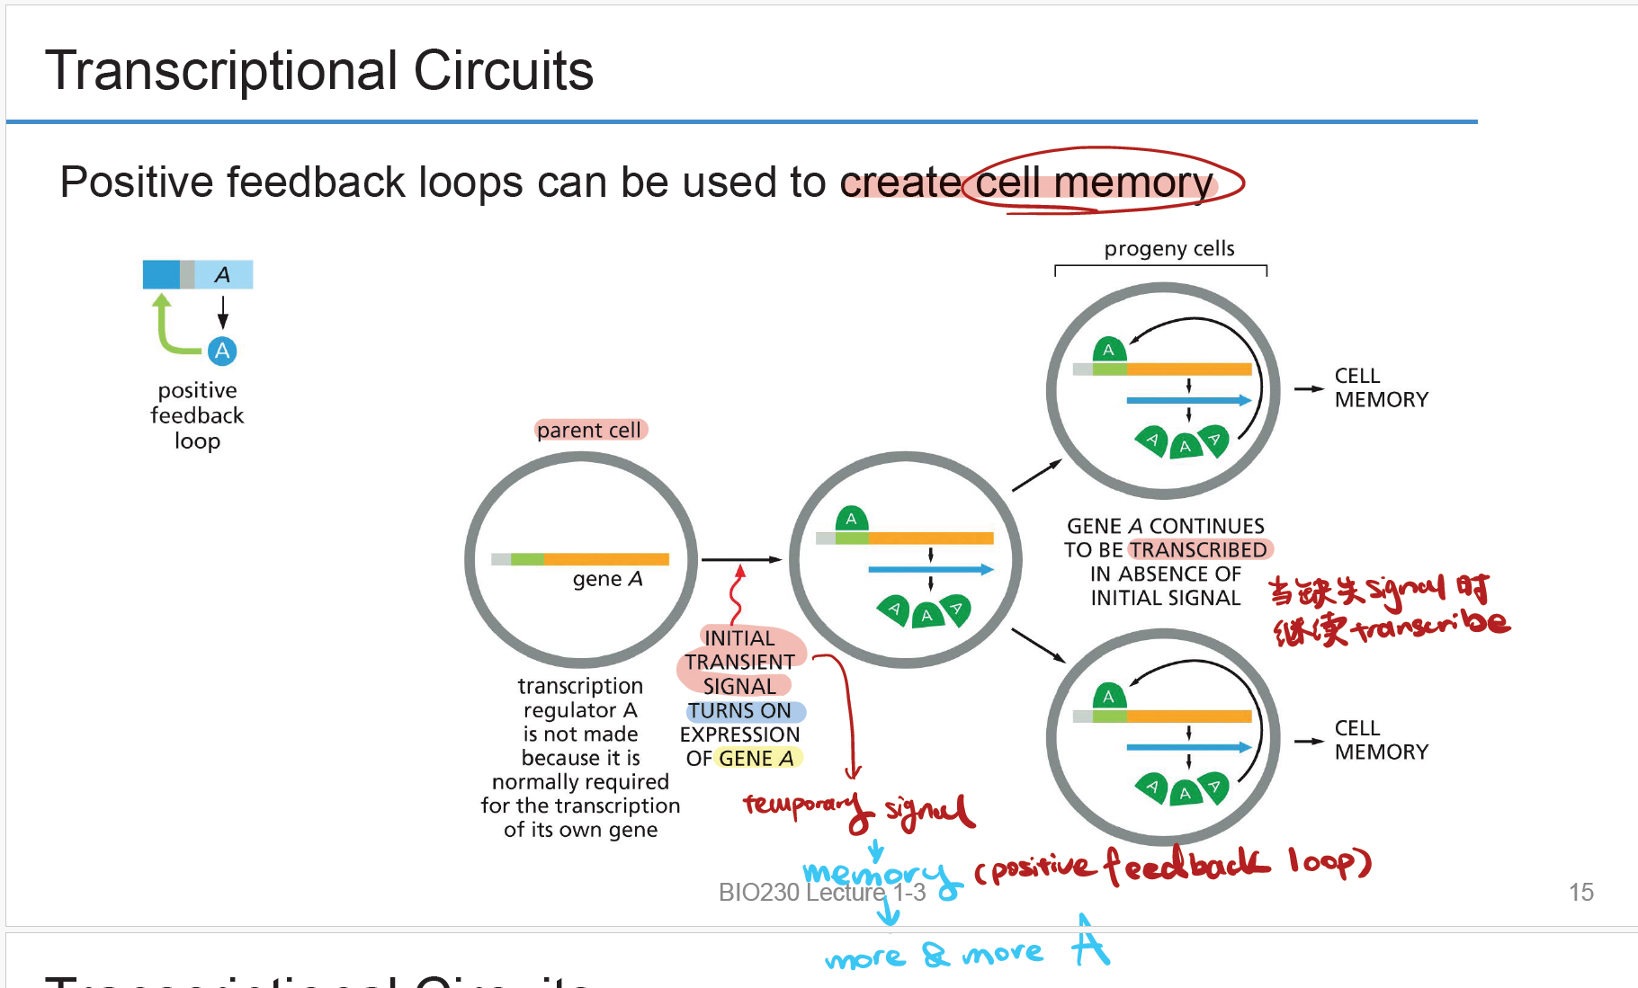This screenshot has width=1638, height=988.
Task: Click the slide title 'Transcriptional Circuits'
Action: tap(319, 71)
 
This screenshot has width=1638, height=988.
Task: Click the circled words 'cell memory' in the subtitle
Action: tap(1094, 182)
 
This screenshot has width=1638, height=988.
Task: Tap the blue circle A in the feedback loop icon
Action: tap(222, 351)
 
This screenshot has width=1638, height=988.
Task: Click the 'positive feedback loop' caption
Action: tap(197, 415)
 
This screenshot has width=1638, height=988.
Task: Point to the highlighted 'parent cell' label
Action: tap(589, 431)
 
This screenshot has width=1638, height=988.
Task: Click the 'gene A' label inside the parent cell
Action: tap(607, 579)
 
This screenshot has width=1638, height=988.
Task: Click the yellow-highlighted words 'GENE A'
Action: tap(756, 759)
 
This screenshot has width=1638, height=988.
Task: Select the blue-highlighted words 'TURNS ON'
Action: tap(740, 711)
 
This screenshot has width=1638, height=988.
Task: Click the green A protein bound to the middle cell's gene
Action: tap(851, 519)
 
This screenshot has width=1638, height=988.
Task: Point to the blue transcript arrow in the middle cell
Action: tap(930, 569)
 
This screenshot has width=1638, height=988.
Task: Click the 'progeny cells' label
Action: tap(1168, 249)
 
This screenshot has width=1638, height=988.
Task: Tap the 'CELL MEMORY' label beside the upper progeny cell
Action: tap(1381, 387)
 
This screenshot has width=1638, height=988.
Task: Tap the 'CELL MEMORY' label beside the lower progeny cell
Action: tap(1381, 740)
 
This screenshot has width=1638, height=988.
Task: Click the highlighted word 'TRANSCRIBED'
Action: tap(1198, 549)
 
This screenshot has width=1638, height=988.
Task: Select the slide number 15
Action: tap(1580, 892)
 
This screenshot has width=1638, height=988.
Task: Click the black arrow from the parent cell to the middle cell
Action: tap(741, 560)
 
